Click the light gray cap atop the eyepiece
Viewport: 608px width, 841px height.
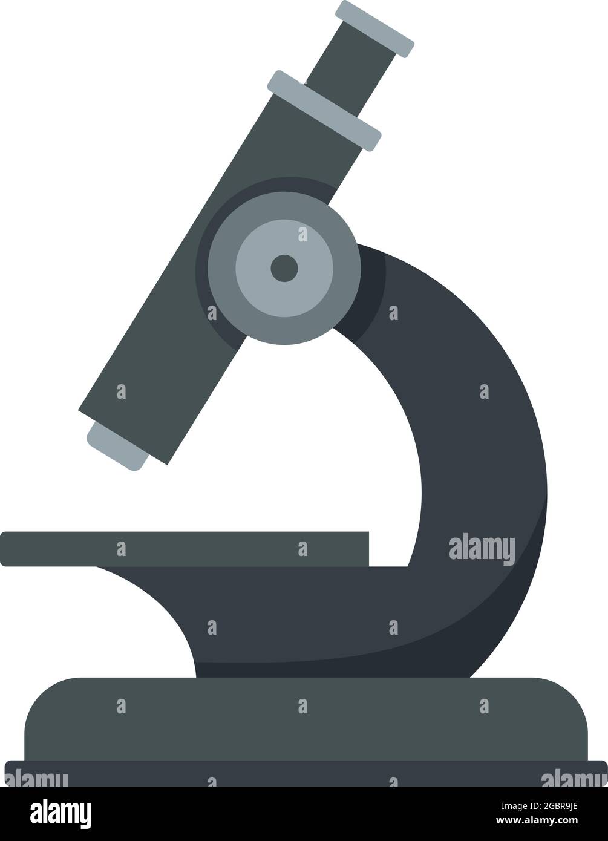[375, 29]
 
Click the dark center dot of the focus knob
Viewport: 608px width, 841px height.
[284, 268]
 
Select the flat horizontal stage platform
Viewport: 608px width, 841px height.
[181, 548]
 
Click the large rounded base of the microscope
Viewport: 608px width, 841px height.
[302, 720]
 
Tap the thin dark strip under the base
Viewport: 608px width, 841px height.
[302, 773]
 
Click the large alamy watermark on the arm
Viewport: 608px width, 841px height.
[482, 549]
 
